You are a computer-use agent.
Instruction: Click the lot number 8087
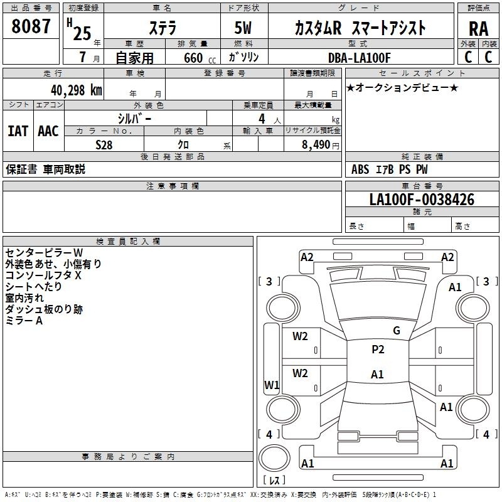tap(31, 26)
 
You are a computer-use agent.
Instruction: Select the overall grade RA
tap(478, 29)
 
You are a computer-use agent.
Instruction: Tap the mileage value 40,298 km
tap(76, 90)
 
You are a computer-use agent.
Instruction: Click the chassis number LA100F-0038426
tap(422, 200)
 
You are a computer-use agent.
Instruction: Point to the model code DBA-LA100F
tap(359, 58)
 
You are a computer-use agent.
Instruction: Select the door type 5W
tap(243, 28)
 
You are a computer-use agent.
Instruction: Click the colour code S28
tap(104, 145)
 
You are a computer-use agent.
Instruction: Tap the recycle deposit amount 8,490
tap(316, 145)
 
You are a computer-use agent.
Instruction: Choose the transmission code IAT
tap(18, 131)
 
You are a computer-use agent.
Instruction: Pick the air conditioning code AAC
tap(48, 131)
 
